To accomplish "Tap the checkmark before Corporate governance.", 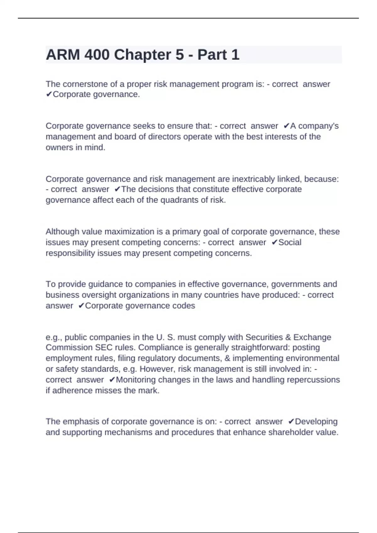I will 49,94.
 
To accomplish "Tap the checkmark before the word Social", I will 274,242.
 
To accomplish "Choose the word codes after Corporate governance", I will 183,306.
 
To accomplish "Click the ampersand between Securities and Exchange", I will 288,337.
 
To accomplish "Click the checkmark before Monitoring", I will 112,380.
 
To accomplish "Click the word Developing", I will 316,422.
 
